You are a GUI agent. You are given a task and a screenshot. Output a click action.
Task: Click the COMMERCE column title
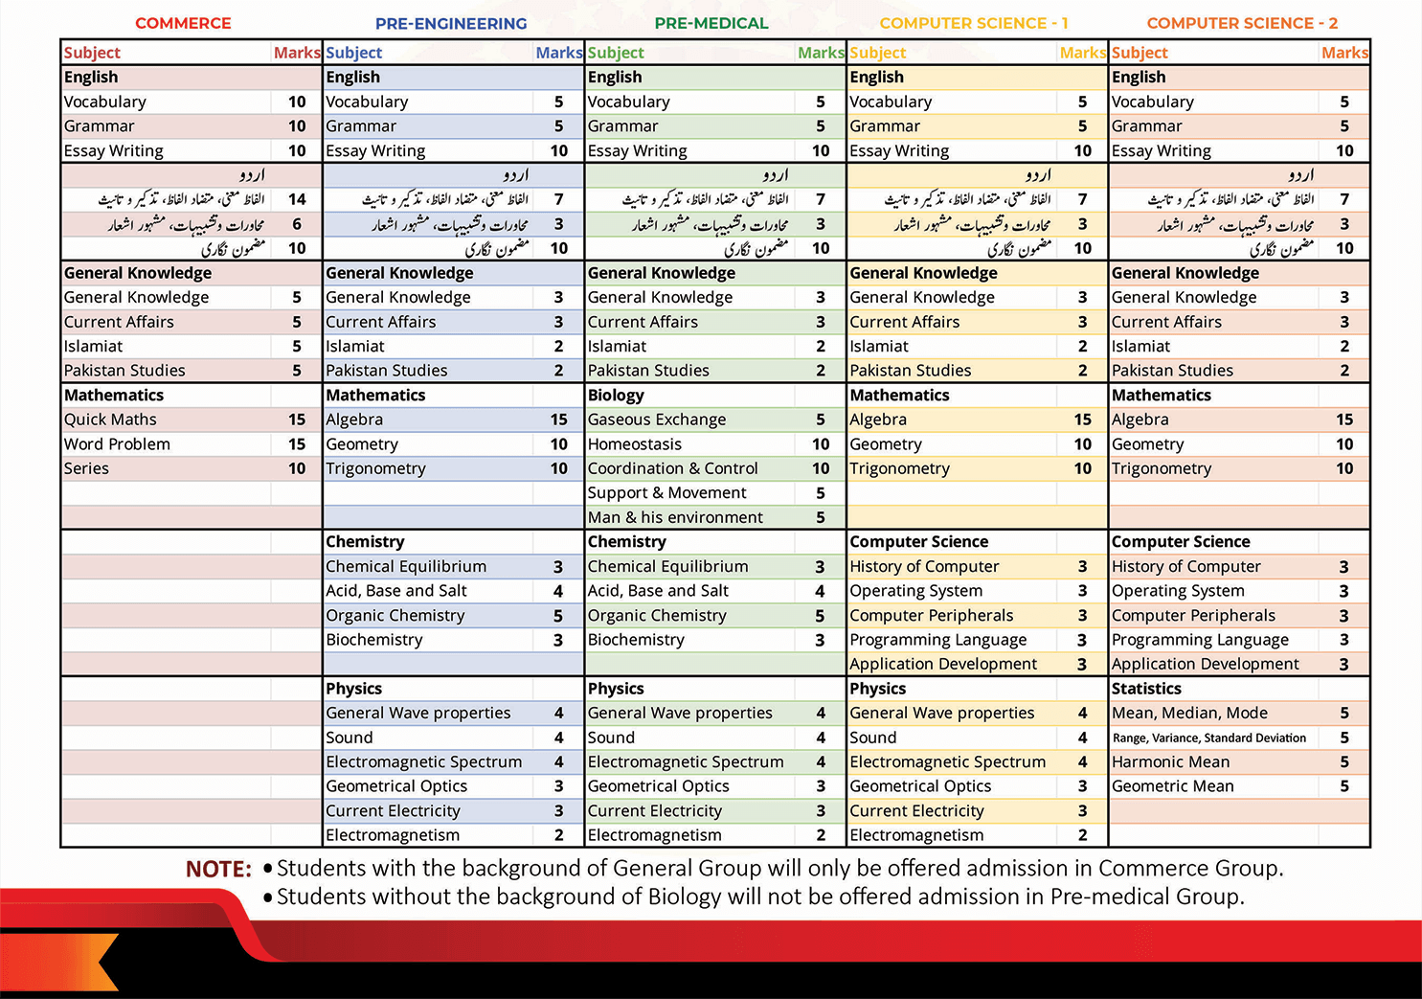point(183,23)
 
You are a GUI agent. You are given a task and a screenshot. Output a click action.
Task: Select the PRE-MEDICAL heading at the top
point(711,23)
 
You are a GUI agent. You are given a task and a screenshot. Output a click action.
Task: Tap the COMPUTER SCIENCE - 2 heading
point(1242,23)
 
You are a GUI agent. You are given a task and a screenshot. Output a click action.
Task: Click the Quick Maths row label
point(110,420)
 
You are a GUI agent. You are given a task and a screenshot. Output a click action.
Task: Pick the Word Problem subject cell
point(117,444)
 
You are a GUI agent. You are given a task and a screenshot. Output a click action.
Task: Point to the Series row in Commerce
point(86,468)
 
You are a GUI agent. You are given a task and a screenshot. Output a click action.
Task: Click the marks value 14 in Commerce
point(297,199)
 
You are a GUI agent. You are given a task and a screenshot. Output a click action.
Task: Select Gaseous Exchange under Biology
point(657,420)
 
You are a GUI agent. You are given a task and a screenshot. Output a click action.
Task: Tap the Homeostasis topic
point(635,444)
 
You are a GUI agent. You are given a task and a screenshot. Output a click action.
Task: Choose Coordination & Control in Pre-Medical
point(673,468)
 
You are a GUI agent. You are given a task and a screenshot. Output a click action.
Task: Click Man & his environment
point(675,517)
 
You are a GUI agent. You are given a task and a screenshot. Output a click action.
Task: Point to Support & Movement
point(666,493)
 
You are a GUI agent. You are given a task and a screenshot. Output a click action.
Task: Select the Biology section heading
point(616,395)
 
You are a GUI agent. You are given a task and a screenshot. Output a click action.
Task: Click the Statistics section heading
point(1146,689)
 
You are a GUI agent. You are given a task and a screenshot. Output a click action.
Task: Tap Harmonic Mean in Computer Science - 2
point(1170,762)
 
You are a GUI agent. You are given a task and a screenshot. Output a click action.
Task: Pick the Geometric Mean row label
point(1172,786)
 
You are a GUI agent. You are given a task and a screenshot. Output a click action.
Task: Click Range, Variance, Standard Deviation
point(1208,738)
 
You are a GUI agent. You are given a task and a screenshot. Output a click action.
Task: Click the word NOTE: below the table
point(218,869)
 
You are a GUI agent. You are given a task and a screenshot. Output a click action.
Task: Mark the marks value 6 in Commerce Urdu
point(297,224)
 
